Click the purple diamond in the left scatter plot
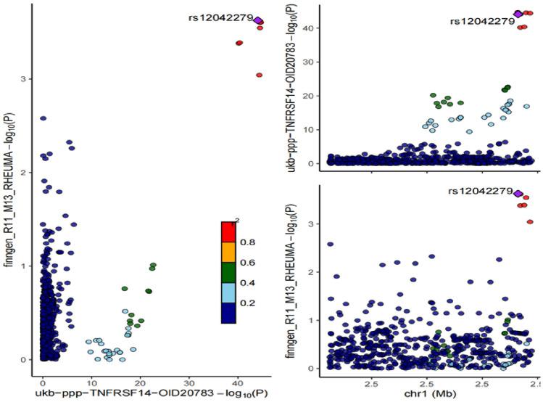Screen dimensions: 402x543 point(259,20)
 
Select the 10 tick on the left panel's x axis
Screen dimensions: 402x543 point(91,381)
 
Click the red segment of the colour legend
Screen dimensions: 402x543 point(228,231)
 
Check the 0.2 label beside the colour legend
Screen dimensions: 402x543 point(247,303)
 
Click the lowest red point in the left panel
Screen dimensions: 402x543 point(259,75)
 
